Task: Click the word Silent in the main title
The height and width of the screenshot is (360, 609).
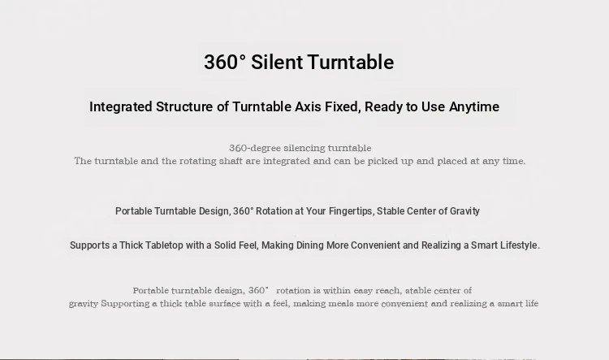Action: point(277,63)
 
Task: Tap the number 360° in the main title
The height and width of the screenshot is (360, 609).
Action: point(225,63)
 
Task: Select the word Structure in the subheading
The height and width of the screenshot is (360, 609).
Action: point(184,106)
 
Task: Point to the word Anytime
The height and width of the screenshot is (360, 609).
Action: point(474,107)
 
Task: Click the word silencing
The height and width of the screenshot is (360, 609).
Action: point(304,148)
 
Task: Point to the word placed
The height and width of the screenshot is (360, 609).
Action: point(452,162)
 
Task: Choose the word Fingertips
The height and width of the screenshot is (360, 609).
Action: point(352,211)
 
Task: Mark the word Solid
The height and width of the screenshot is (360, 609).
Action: point(224,245)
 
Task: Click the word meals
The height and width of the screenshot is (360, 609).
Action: point(340,304)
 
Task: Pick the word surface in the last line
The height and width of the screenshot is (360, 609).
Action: point(224,304)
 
